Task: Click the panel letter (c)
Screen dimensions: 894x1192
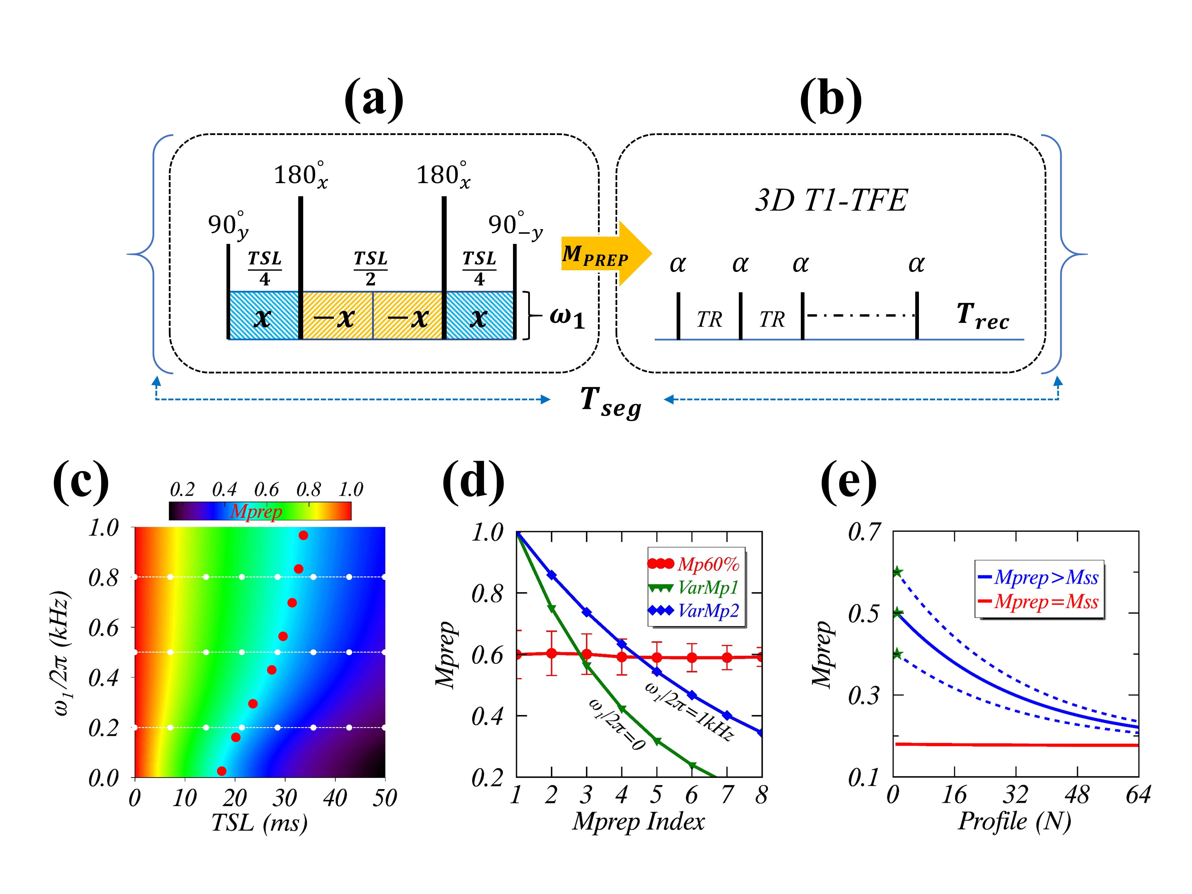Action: point(81,481)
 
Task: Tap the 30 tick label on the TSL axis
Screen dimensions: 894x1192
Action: point(285,798)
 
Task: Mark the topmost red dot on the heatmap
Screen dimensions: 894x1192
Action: point(303,535)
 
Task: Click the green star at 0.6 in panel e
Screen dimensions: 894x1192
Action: point(897,572)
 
